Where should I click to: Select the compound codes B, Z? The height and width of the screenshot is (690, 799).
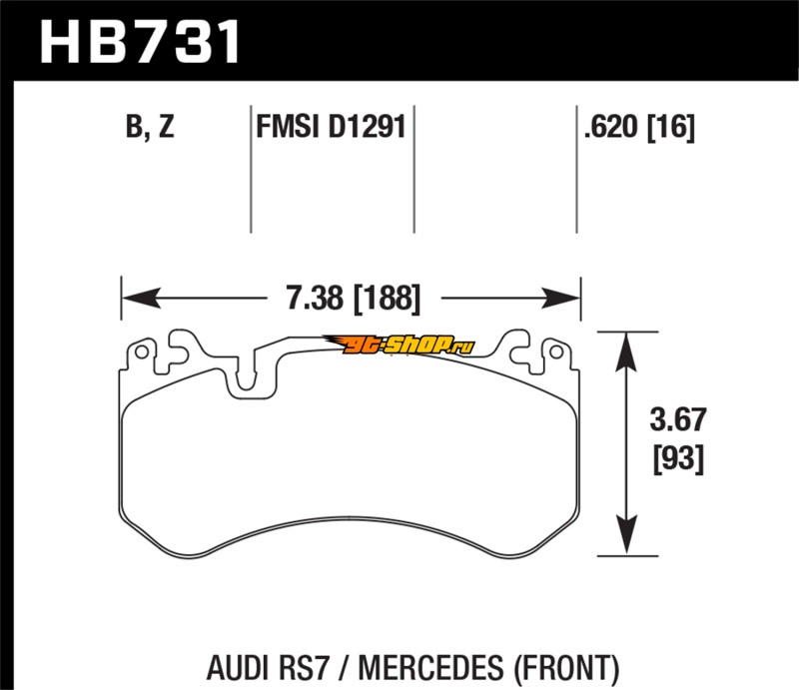point(150,129)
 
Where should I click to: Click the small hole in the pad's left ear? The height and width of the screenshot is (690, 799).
point(142,353)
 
